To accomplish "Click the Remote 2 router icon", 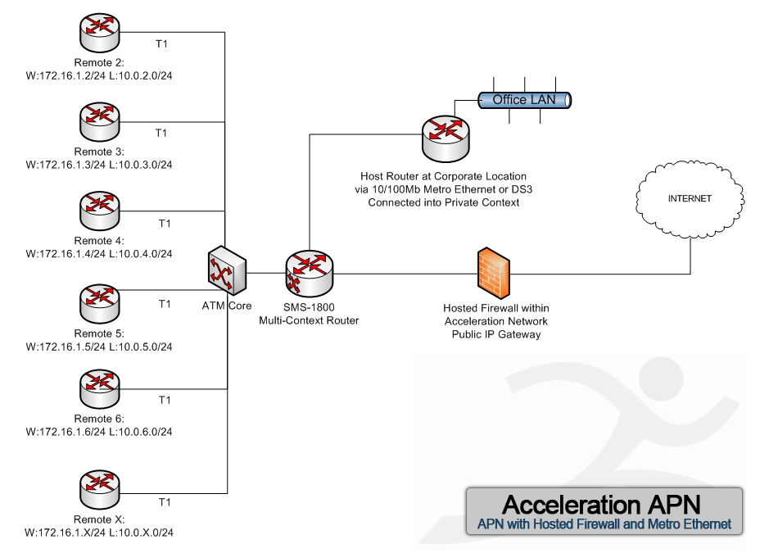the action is (x=99, y=33).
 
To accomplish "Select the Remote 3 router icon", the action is (x=99, y=121).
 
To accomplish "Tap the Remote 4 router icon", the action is (x=99, y=211).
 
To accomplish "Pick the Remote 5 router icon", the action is (x=99, y=304).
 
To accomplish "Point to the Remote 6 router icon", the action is (x=99, y=388).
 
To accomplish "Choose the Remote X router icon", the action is (x=99, y=490).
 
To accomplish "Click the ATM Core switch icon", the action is (x=227, y=270).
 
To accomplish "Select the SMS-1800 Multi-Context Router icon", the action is (x=310, y=274).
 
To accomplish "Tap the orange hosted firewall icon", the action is (x=493, y=273).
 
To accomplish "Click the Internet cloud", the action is (x=690, y=200).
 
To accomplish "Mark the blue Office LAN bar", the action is (x=524, y=100).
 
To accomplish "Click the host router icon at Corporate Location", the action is (x=446, y=138).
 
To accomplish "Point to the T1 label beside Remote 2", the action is (x=161, y=44).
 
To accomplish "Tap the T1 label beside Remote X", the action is (x=165, y=502).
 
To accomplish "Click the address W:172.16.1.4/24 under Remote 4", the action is (x=66, y=253).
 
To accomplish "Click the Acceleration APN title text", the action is (x=601, y=505).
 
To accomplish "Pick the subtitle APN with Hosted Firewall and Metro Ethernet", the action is (x=604, y=524).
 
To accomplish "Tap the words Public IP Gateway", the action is (x=496, y=334).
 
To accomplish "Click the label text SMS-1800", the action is (x=309, y=306).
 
